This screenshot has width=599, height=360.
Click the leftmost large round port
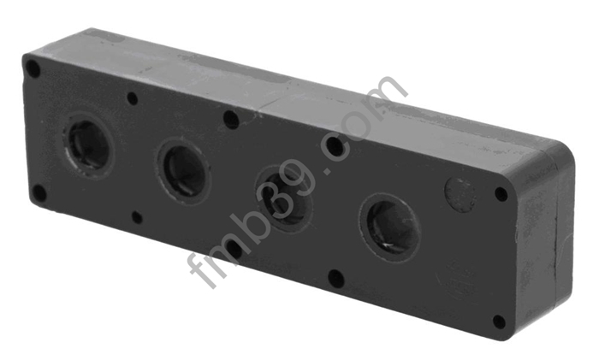[x=89, y=145]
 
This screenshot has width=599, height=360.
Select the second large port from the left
[x=183, y=171]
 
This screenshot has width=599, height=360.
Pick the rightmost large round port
[x=389, y=227]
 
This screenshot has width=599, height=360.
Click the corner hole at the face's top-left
[x=33, y=69]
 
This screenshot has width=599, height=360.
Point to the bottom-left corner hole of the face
[x=39, y=193]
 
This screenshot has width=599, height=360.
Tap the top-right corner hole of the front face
[x=501, y=194]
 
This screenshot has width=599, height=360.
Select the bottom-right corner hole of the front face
[x=499, y=322]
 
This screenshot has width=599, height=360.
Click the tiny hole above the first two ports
[x=132, y=98]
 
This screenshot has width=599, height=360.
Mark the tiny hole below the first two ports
[x=137, y=218]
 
